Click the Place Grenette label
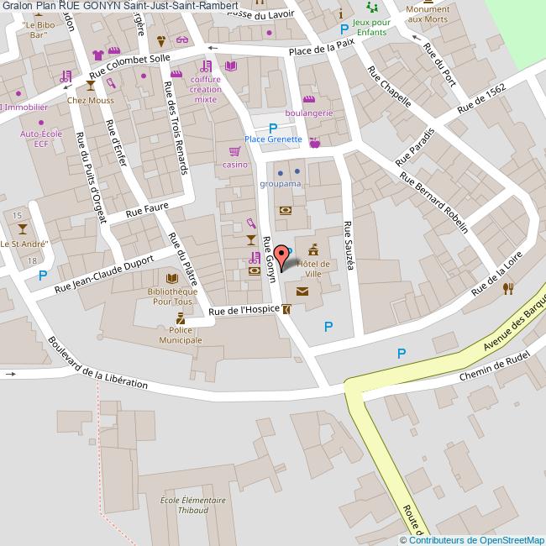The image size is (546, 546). coord(273,139)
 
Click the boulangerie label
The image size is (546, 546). coord(309,113)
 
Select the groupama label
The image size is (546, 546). coord(281,182)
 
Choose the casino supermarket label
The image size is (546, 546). coord(234,165)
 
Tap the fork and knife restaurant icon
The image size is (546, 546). coord(507,288)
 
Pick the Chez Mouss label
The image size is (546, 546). coord(89,101)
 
